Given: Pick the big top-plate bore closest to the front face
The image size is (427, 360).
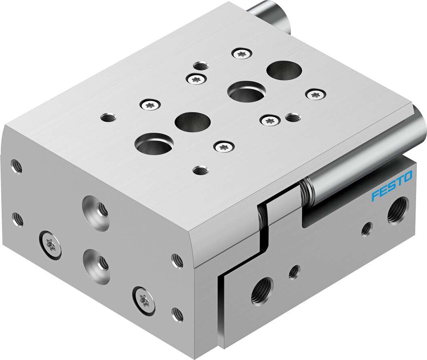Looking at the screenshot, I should tap(154, 143).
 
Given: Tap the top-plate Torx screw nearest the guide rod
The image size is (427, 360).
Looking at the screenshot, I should tap(316, 95).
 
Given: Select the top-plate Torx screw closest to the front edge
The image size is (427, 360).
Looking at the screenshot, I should tap(225, 146).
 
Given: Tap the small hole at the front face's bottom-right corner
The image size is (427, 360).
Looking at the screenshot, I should tap(178, 313).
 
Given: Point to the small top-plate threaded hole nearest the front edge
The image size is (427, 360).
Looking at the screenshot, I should tap(199, 170).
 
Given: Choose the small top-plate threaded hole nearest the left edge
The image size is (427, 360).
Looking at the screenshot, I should tap(108, 118).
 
